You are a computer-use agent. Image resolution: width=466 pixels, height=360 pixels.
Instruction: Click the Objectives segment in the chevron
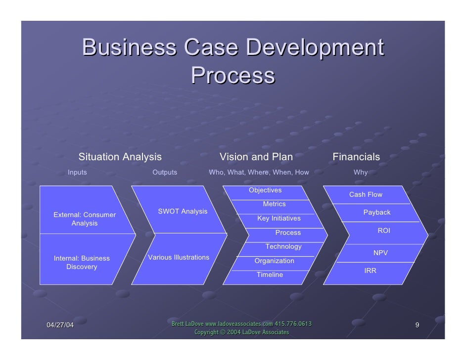265,190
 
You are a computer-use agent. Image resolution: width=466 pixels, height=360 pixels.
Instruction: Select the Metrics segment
274,204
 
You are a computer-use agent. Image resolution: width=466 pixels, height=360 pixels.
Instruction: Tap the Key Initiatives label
279,219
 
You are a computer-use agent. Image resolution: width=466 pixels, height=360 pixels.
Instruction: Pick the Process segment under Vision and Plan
288,233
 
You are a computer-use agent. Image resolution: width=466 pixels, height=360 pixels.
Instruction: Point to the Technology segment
283,247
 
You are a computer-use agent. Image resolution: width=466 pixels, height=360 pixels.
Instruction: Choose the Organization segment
274,261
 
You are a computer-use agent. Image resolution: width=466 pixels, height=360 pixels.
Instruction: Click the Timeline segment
270,275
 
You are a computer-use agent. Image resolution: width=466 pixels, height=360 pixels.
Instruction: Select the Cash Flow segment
366,195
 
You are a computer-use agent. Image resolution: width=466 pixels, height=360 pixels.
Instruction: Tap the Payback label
377,213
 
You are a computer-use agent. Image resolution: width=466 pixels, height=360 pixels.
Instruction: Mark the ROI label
384,231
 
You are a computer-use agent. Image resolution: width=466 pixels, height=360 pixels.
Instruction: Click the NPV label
380,253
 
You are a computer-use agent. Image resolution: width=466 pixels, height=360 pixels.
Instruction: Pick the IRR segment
371,271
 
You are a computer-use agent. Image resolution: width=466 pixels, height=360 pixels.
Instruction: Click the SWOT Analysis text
183,212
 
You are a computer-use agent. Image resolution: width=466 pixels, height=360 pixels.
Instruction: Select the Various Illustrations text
179,258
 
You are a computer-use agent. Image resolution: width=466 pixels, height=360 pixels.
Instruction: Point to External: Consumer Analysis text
85,219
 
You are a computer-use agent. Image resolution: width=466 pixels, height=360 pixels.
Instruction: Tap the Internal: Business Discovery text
82,263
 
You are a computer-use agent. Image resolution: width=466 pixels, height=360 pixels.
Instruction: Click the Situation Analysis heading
120,157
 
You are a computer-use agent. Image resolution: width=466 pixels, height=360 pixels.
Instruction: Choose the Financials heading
356,157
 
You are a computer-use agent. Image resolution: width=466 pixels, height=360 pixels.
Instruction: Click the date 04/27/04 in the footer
60,325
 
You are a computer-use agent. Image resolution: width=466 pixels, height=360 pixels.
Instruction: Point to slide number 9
418,325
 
